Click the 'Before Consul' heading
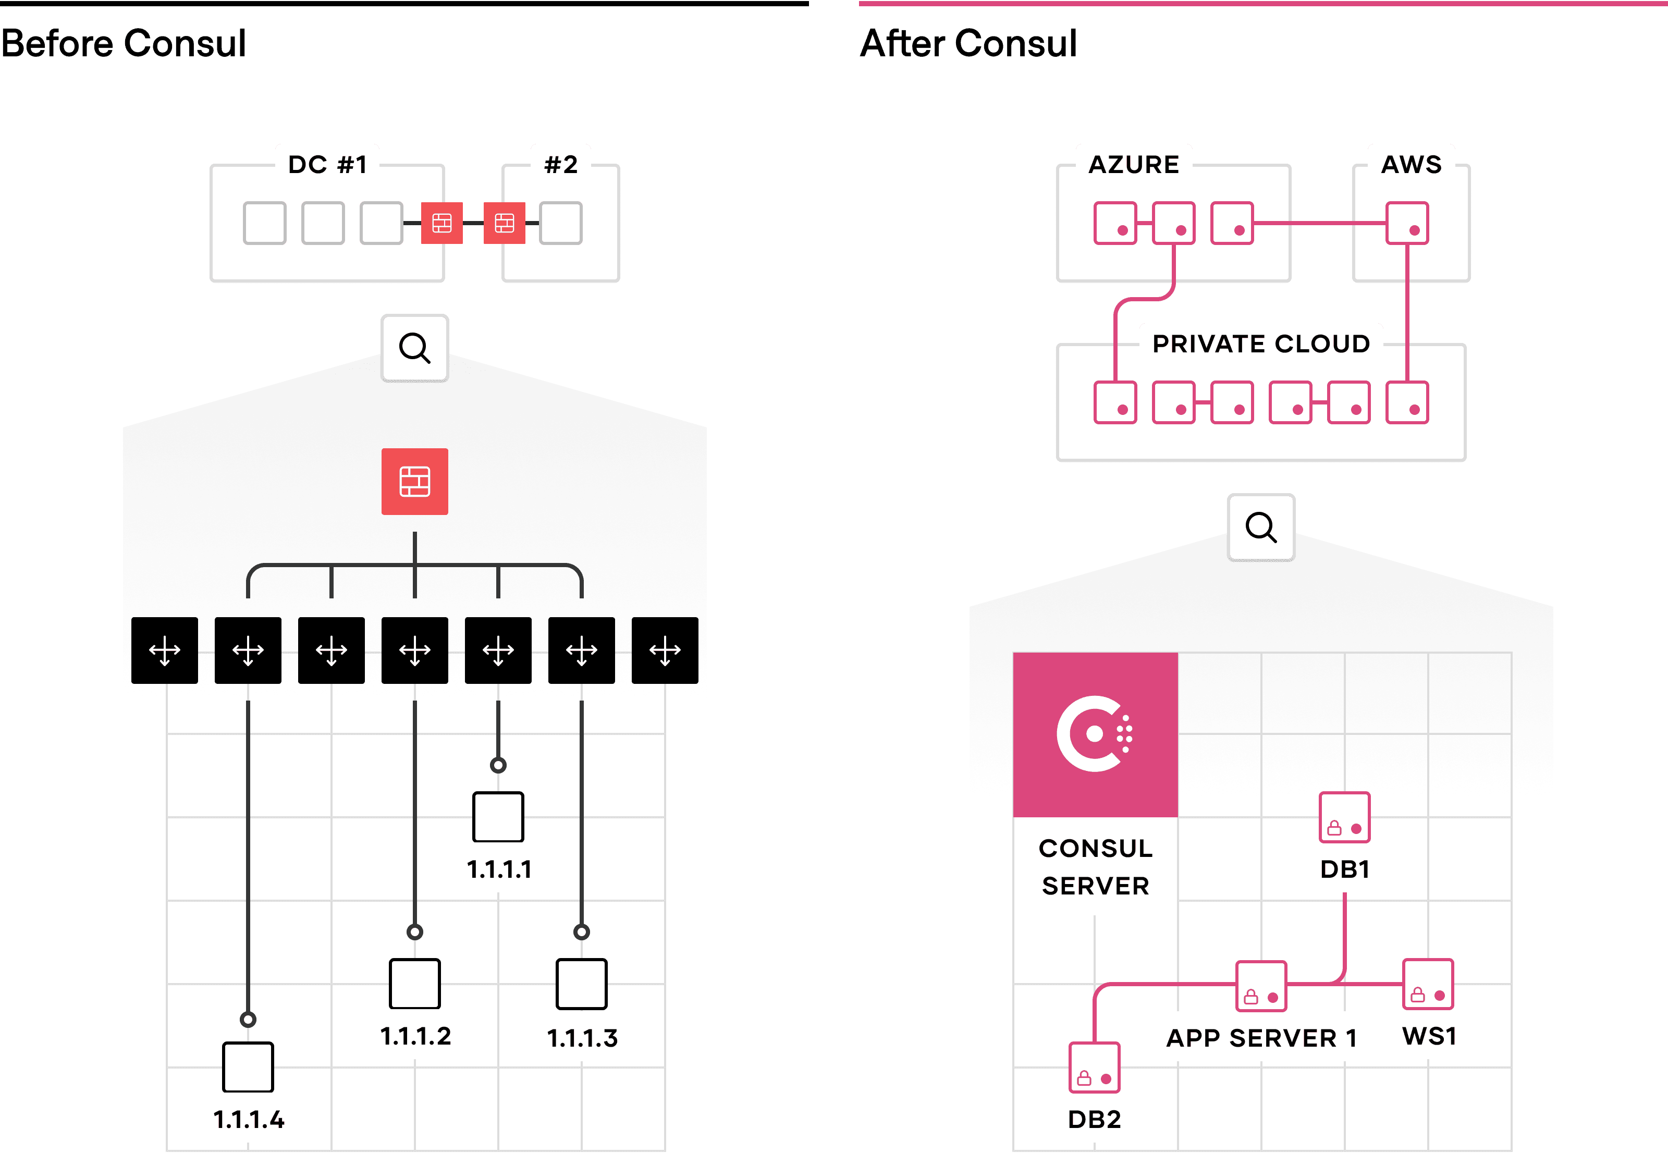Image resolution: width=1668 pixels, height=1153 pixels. point(124,43)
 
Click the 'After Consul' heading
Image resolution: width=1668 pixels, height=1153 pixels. point(968,43)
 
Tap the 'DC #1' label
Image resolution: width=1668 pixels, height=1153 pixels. point(328,165)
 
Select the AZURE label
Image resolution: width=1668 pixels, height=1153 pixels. point(1133,165)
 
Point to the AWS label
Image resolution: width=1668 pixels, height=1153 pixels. point(1411,165)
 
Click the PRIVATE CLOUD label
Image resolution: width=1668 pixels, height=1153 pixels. point(1260,344)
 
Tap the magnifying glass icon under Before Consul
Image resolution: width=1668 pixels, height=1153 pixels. point(414,348)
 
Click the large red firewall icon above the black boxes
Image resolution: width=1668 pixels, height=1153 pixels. point(414,481)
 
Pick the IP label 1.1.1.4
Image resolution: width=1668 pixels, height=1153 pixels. point(249,1120)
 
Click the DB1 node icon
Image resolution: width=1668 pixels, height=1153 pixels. point(1344,817)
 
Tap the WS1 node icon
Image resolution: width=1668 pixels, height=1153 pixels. point(1428,984)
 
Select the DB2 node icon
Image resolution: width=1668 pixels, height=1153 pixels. point(1095,1068)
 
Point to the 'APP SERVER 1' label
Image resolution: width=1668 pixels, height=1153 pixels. point(1261,1038)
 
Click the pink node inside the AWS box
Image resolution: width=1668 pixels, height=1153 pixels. point(1407,223)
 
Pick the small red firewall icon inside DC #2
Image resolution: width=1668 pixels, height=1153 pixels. point(504,223)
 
